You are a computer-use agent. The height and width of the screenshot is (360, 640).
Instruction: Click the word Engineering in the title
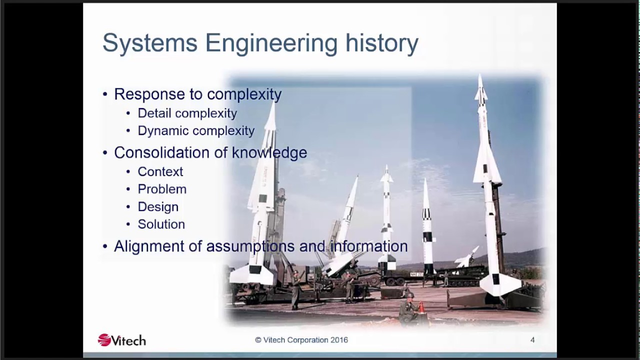[x=271, y=44]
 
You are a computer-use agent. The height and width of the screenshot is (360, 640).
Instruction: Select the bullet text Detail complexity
[x=187, y=113]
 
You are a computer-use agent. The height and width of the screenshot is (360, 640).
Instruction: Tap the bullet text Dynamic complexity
[x=196, y=131]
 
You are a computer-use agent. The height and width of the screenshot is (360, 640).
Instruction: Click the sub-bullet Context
[x=160, y=172]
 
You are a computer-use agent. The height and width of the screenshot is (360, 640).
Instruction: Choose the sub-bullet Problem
[x=162, y=189]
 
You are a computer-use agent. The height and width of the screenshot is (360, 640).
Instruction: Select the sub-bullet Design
[x=158, y=207]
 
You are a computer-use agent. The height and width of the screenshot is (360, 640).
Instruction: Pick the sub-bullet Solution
[x=161, y=224]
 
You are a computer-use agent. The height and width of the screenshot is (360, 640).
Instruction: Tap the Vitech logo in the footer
[x=121, y=340]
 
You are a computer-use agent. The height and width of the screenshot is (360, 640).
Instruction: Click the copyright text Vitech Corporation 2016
[x=301, y=340]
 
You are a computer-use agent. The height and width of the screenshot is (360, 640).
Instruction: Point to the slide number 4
[x=532, y=340]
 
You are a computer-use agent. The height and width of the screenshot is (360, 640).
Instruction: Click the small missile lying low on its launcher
[x=466, y=258]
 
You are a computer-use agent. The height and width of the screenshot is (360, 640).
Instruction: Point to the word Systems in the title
[x=150, y=44]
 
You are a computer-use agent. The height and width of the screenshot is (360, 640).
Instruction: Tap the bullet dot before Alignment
[x=105, y=247]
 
